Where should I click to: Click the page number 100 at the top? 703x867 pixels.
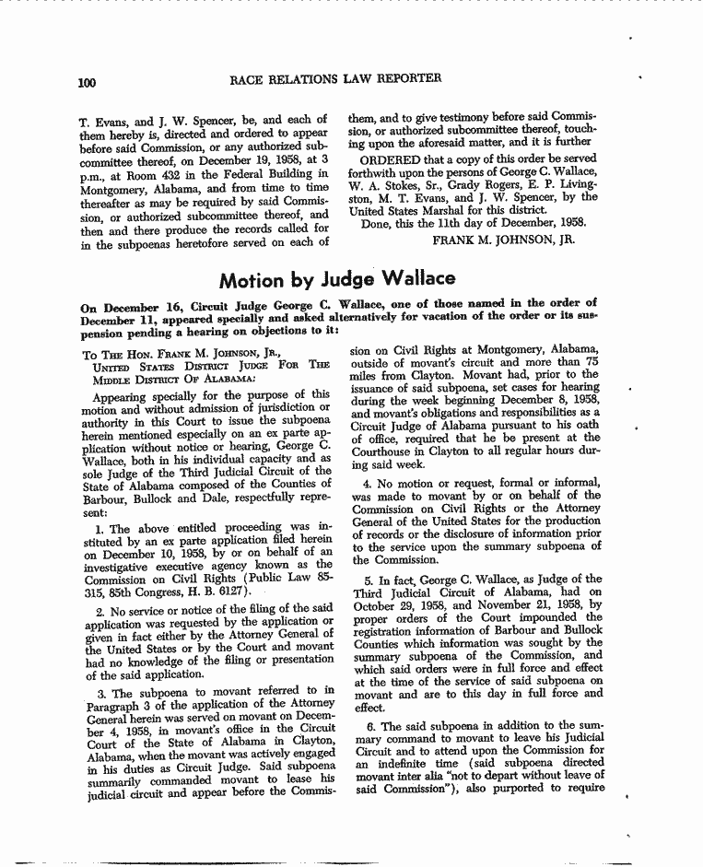coord(88,83)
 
